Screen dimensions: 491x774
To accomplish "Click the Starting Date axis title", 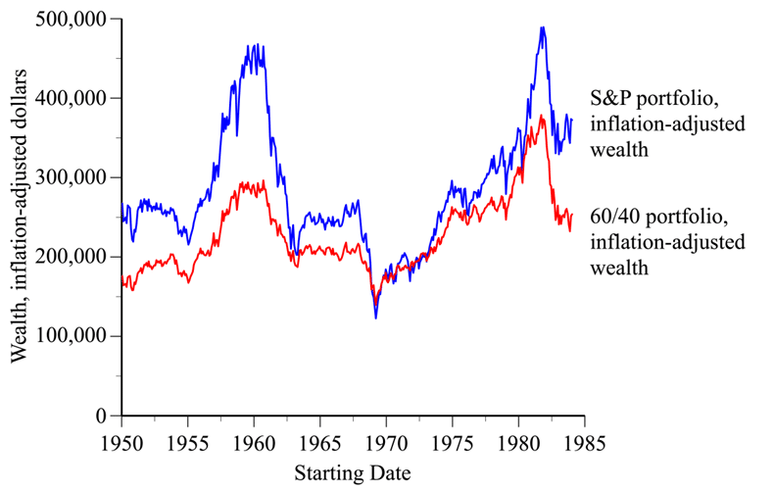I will pyautogui.click(x=353, y=472).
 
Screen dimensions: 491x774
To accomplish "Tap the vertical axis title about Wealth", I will pyautogui.click(x=19, y=218).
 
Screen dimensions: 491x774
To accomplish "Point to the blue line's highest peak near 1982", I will pyautogui.click(x=542, y=27).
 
